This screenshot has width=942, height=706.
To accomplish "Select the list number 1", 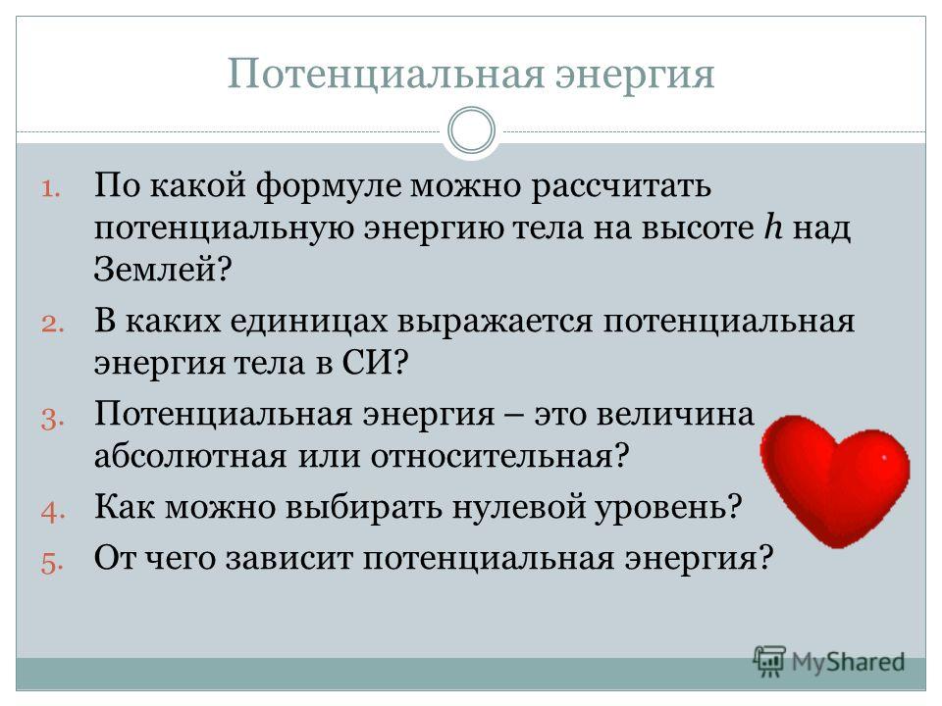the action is click(x=51, y=189).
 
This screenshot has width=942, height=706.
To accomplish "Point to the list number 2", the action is click(x=53, y=325).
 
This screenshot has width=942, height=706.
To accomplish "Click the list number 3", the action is click(x=53, y=419).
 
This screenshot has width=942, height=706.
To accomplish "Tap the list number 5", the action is click(x=53, y=563).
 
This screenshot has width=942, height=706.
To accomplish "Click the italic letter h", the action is click(x=773, y=227).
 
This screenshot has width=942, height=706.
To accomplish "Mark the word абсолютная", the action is click(x=190, y=456).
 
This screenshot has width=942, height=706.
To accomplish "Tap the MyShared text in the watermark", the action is click(x=848, y=662).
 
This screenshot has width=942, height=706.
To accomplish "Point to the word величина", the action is click(x=675, y=415).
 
